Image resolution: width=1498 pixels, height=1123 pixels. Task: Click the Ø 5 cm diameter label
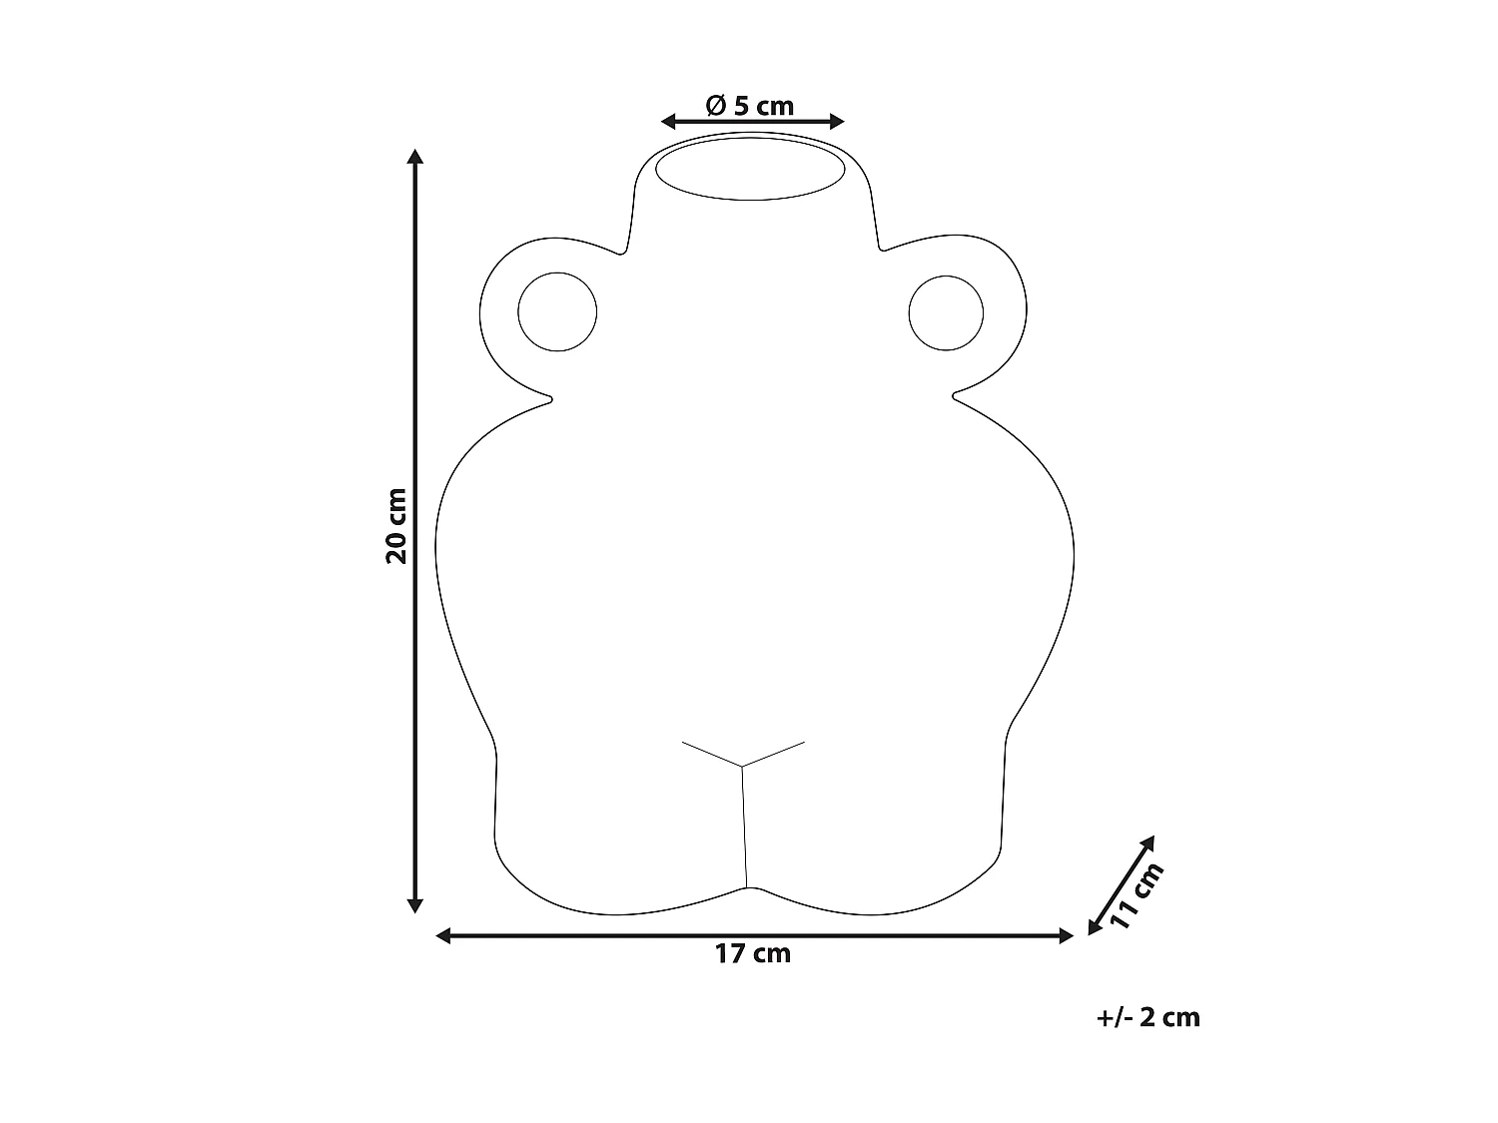[749, 106]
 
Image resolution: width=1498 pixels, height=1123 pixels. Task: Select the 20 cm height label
[395, 526]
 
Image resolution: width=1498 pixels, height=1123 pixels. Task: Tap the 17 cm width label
[752, 954]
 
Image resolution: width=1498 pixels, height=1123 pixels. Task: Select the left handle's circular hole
[557, 311]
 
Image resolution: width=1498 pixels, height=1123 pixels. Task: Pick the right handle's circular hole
[946, 313]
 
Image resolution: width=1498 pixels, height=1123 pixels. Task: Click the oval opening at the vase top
[750, 169]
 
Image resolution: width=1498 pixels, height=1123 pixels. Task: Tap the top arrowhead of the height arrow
[414, 156]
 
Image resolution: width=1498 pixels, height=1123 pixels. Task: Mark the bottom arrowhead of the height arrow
[414, 905]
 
